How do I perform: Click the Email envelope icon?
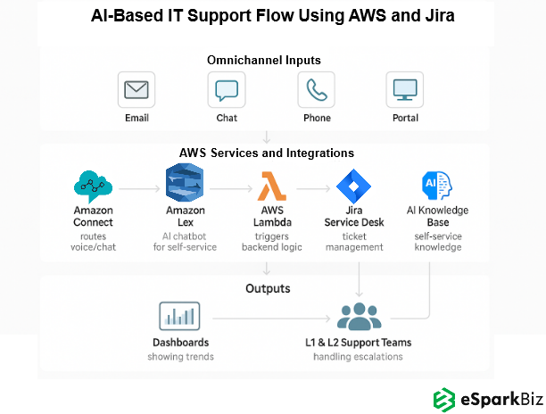(136, 90)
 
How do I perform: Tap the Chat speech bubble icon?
(227, 90)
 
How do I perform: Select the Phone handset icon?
(317, 90)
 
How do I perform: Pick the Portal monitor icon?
(405, 90)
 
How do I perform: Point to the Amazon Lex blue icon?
(185, 184)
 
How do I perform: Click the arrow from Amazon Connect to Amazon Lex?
(137, 189)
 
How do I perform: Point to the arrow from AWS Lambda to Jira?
(314, 189)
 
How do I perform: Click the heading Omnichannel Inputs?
(264, 60)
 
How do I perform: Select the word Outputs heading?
(268, 288)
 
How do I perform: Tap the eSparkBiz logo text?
(495, 398)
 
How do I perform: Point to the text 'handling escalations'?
(358, 357)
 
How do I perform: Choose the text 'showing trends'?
(181, 357)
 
